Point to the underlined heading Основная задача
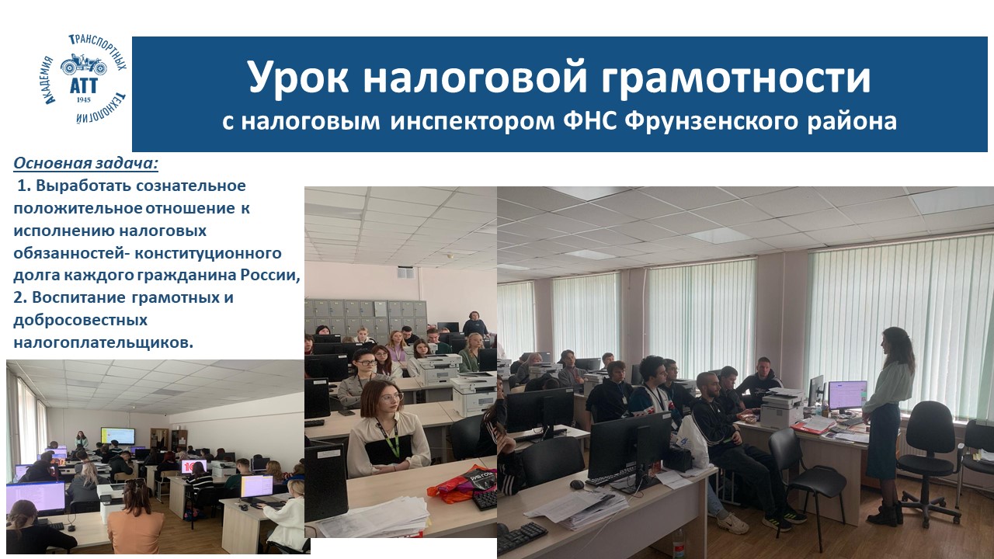pyautogui.click(x=85, y=163)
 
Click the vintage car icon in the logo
pyautogui.click(x=84, y=65)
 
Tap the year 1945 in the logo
pyautogui.click(x=83, y=100)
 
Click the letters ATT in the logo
pyautogui.click(x=83, y=85)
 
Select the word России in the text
pyautogui.click(x=270, y=275)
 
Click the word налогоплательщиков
pyautogui.click(x=103, y=343)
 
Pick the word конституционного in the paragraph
pyautogui.click(x=207, y=253)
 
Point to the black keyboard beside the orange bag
pyautogui.click(x=484, y=499)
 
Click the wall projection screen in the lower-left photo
pyautogui.click(x=117, y=436)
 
